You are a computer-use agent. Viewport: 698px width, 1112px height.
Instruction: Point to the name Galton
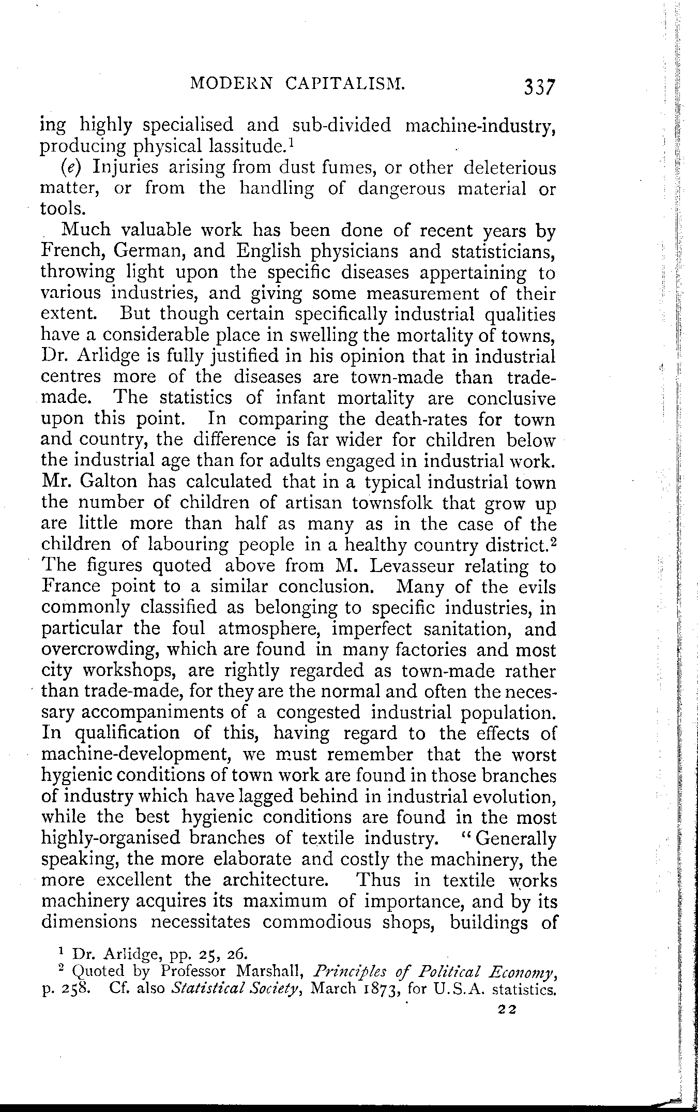(x=108, y=482)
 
